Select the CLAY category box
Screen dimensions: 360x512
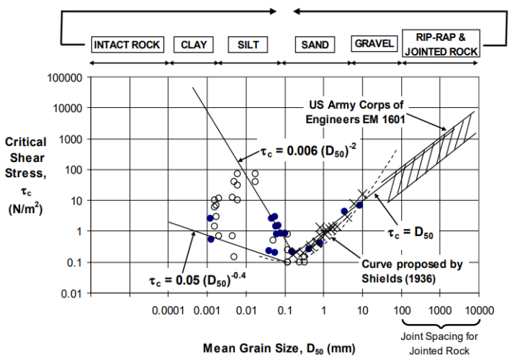point(194,45)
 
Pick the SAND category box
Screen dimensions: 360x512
point(315,45)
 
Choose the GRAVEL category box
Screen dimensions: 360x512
point(374,44)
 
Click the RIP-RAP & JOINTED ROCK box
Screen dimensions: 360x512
point(441,45)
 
